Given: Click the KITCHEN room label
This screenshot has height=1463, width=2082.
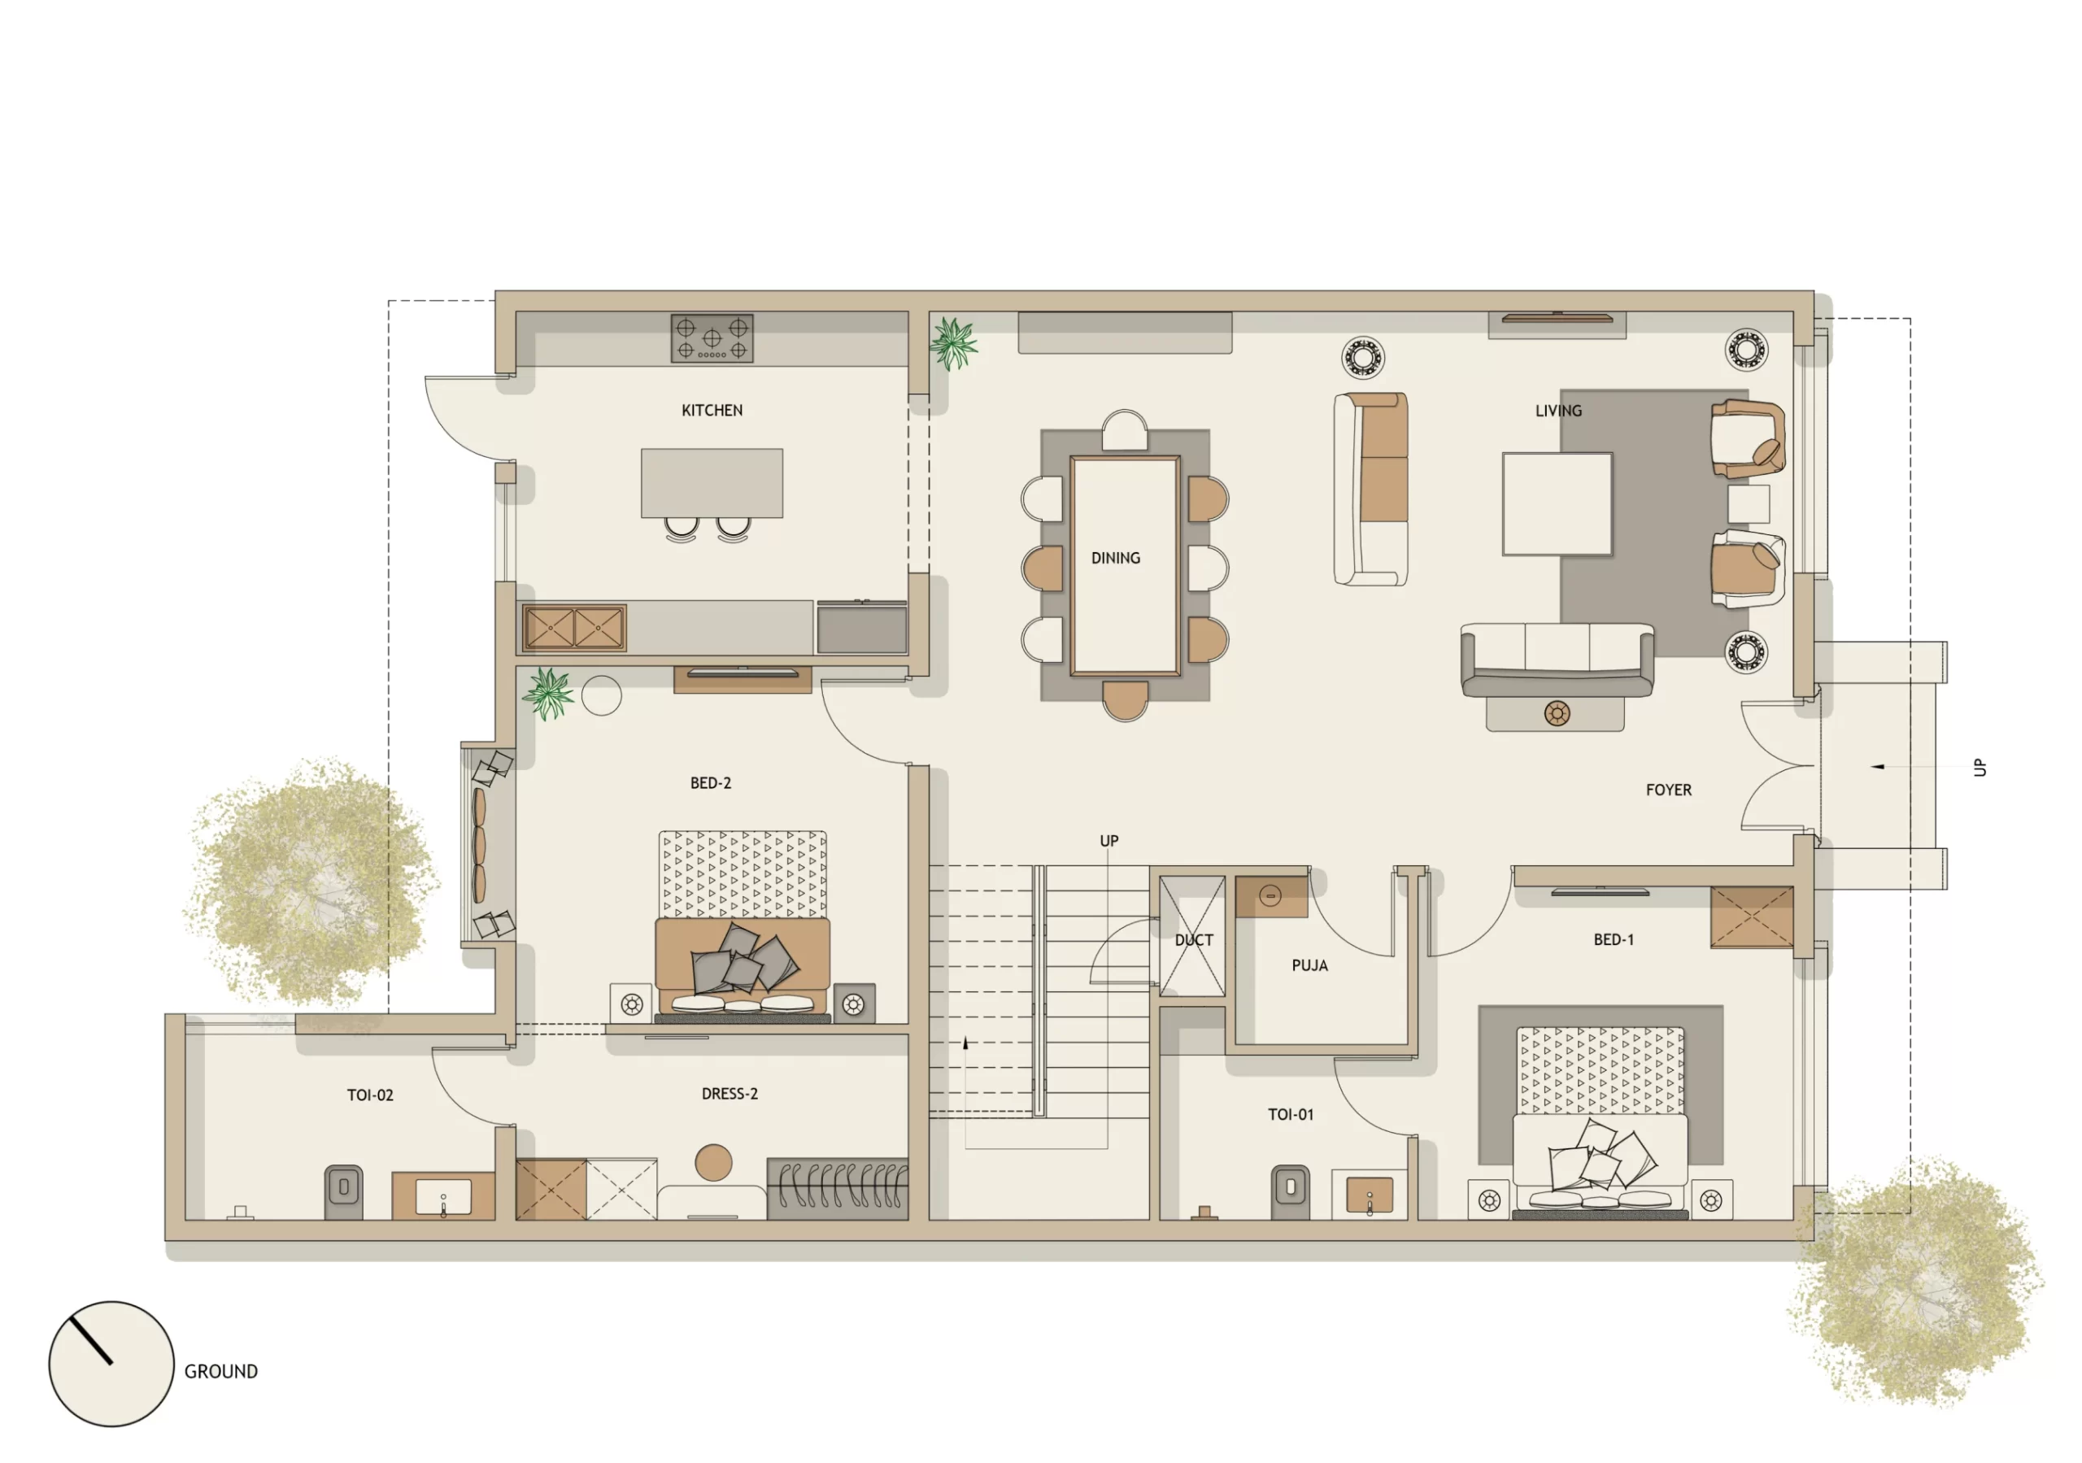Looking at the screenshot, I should (x=712, y=411).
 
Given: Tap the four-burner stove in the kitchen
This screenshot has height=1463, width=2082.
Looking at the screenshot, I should (x=712, y=337).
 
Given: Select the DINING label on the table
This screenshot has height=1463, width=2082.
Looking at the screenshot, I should (x=1115, y=558).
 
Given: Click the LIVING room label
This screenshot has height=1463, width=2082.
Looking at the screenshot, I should (x=1558, y=411).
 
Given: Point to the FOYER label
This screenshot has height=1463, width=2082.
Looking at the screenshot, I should (x=1669, y=790).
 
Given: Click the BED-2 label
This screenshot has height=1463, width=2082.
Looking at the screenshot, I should (x=710, y=783).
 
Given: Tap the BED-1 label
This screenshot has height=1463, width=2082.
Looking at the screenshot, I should (x=1614, y=939).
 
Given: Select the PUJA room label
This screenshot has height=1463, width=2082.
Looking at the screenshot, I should (x=1309, y=966).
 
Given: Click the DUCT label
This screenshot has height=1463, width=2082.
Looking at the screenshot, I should (x=1193, y=941).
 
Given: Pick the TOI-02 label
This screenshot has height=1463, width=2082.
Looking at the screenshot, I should (x=370, y=1095).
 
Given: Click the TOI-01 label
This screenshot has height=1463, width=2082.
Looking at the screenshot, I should (x=1291, y=1115).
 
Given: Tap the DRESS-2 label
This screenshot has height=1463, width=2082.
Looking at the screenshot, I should (x=729, y=1094).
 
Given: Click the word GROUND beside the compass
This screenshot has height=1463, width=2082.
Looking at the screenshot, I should (x=220, y=1371).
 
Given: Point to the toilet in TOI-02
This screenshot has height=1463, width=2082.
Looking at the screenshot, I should (x=344, y=1190).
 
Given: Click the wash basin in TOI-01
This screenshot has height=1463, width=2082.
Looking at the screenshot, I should (x=1370, y=1195).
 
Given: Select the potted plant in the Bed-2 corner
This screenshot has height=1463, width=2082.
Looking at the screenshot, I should (x=547, y=694).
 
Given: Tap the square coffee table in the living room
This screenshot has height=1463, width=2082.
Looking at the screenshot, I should (x=1557, y=504).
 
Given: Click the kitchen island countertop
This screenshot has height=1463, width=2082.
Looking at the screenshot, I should (x=712, y=482).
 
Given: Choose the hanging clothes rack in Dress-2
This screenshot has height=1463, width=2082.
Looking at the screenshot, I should (x=837, y=1188).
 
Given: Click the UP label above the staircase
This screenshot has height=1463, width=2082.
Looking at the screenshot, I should (x=1109, y=841).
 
